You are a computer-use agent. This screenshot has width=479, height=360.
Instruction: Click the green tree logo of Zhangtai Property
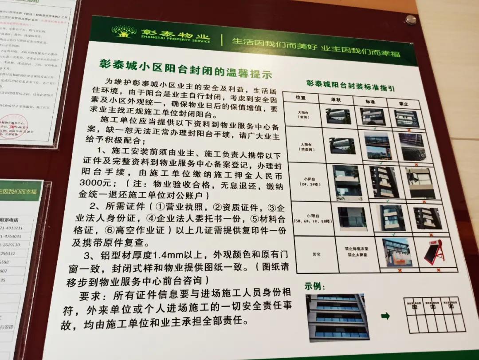[124, 32]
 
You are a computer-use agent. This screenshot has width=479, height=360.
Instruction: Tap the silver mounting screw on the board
[411, 20]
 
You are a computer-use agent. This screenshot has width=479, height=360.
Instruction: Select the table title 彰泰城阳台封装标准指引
[350, 85]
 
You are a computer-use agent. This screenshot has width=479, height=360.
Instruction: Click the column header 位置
[302, 97]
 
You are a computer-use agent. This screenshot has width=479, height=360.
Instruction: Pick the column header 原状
[337, 99]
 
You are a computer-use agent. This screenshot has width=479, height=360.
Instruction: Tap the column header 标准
[371, 101]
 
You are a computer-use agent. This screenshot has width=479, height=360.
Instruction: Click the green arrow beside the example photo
[385, 316]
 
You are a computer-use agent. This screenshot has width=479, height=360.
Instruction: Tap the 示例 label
[314, 286]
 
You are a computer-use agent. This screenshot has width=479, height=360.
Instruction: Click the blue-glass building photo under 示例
[338, 317]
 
